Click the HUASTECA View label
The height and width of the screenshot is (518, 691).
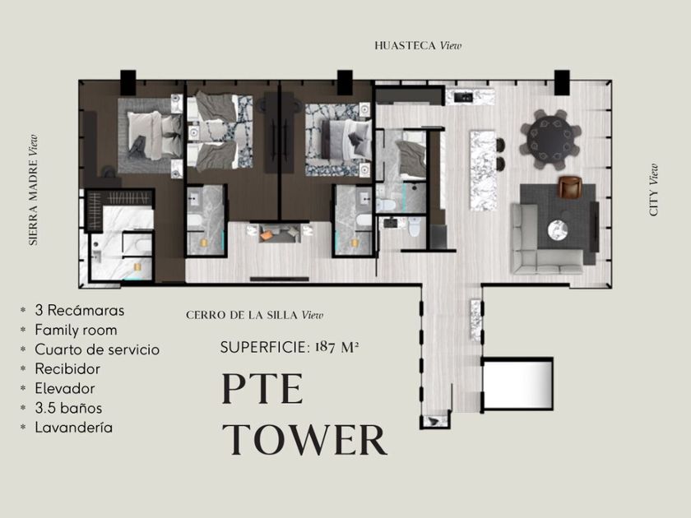(418, 46)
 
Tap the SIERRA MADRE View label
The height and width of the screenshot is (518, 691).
(34, 190)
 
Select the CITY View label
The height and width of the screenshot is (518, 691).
(653, 190)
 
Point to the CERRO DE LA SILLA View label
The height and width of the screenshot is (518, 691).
(254, 315)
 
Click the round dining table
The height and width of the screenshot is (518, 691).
(551, 139)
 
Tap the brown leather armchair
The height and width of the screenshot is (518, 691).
(571, 187)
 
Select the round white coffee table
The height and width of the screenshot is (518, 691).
(559, 230)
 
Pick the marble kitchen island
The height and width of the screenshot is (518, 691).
(483, 170)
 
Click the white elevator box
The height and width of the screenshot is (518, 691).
(517, 384)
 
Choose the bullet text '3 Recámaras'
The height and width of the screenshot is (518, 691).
(79, 311)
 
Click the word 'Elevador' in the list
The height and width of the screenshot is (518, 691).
(65, 388)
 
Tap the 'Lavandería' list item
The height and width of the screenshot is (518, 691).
(73, 428)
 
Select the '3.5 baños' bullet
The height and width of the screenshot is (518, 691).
(68, 408)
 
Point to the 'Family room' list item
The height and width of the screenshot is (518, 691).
(76, 331)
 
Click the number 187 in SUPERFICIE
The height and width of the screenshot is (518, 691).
(325, 347)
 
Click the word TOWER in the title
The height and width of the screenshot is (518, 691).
(305, 439)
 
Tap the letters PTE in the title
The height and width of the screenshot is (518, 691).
(262, 388)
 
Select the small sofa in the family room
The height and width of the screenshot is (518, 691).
(280, 233)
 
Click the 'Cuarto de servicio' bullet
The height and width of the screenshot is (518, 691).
(97, 349)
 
